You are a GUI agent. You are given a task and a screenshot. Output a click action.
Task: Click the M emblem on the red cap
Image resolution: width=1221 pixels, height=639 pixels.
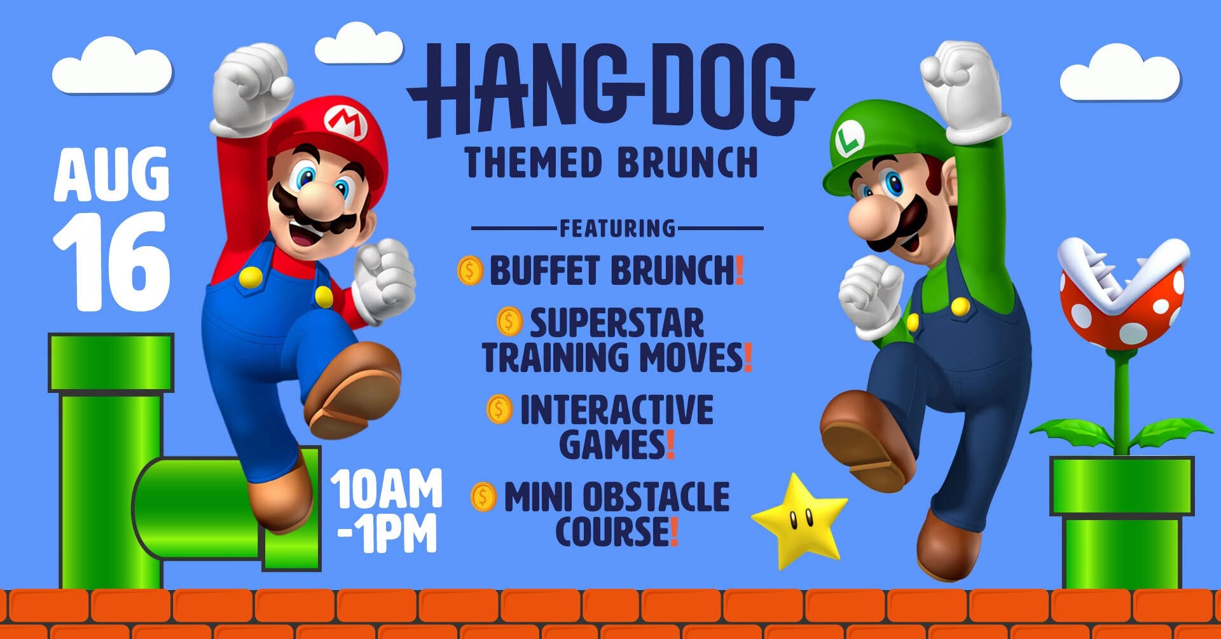point(347,122)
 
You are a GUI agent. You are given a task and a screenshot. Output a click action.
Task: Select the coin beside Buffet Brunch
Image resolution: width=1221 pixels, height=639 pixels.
point(470,271)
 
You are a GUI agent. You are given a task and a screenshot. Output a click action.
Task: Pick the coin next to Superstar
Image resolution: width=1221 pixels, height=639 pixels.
point(509,322)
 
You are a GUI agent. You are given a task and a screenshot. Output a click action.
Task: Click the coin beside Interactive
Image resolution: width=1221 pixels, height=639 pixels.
point(499,409)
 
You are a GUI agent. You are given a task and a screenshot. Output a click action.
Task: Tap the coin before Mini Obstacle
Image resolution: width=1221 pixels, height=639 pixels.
point(483,497)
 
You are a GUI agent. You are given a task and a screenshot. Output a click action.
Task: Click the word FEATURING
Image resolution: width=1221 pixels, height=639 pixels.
point(617,228)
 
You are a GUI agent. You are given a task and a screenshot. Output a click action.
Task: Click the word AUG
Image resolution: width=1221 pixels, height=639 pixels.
point(111,174)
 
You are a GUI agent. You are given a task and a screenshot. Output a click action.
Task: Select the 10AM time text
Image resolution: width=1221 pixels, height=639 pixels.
point(385,489)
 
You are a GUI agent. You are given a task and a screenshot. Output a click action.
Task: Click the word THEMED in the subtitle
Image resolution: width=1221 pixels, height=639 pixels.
point(534,162)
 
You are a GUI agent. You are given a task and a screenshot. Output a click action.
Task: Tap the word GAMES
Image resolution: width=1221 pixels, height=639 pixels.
point(612,444)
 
